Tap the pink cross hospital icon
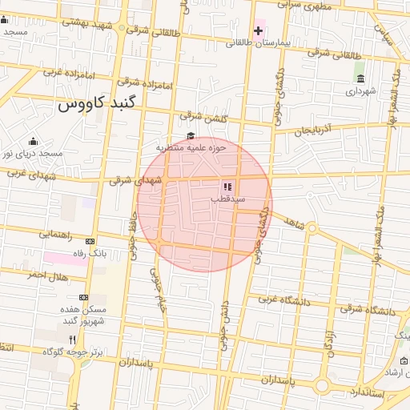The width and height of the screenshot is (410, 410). (x=258, y=31)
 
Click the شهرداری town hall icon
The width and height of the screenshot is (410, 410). (x=361, y=78)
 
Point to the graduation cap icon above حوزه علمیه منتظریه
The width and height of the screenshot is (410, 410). (x=191, y=135)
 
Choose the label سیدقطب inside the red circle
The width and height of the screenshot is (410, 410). (x=227, y=197)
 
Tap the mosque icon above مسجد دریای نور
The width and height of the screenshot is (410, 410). (x=33, y=141)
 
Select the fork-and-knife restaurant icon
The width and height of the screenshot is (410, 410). (x=74, y=340)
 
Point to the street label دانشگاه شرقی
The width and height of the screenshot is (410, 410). (x=367, y=310)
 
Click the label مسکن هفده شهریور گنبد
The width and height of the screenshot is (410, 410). (x=79, y=315)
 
